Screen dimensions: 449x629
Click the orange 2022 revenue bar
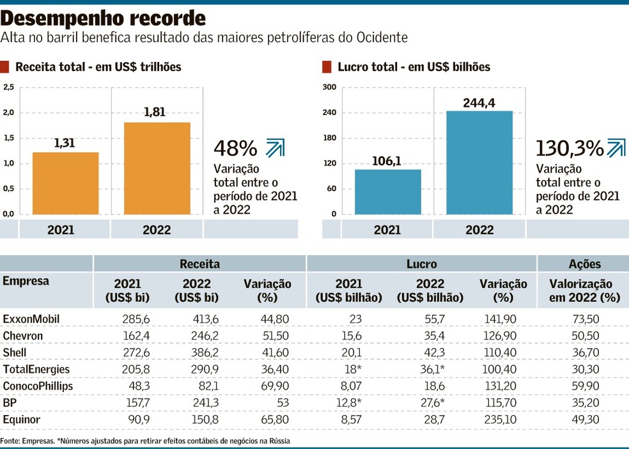[x=157, y=168]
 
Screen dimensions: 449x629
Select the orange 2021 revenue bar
[x=65, y=183]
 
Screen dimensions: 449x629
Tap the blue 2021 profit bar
[x=387, y=191]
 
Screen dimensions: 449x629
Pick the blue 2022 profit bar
[x=479, y=162]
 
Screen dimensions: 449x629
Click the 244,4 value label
[x=479, y=103]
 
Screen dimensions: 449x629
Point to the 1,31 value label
[x=65, y=144]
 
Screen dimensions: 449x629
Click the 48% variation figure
[x=235, y=148]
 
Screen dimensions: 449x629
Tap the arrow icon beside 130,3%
[x=616, y=148]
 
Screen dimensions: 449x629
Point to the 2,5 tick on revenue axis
[x=8, y=88]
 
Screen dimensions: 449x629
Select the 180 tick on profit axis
[x=330, y=138]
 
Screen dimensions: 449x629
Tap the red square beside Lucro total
[x=327, y=67]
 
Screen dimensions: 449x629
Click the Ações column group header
[x=584, y=264]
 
